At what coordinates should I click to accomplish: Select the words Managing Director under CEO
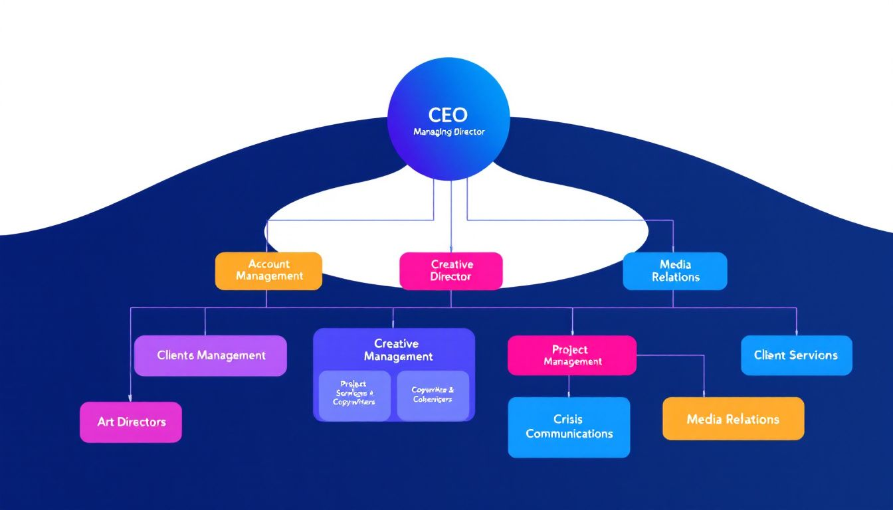448,132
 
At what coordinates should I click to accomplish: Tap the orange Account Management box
268,270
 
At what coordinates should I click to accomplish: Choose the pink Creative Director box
450,270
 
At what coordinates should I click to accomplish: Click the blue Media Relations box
674,270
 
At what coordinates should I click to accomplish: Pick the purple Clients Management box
210,355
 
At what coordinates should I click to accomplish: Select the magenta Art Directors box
130,422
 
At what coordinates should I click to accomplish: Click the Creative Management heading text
397,350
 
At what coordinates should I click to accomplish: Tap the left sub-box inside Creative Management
354,395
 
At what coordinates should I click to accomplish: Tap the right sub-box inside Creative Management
433,395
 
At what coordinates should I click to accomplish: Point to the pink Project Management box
571,355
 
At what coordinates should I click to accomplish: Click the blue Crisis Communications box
569,427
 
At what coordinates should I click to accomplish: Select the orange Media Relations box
733,419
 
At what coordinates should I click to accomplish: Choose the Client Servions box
796,355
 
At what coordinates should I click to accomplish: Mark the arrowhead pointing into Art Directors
130,398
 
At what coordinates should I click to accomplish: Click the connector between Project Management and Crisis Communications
569,386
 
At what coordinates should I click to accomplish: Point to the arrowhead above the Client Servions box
796,332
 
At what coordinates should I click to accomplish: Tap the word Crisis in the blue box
567,420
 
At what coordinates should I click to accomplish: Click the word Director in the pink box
450,276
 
